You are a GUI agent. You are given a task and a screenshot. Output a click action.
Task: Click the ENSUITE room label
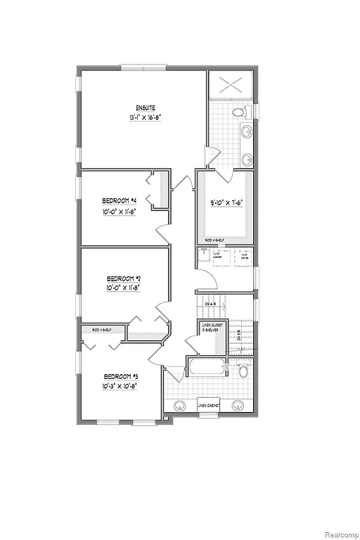(x=136, y=107)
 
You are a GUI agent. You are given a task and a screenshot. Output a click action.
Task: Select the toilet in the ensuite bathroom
(x=240, y=112)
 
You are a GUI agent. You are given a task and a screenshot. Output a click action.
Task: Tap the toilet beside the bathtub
(x=243, y=371)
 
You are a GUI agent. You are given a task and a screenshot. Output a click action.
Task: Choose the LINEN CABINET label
(x=208, y=406)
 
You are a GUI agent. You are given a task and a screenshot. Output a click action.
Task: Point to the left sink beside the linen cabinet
(x=179, y=405)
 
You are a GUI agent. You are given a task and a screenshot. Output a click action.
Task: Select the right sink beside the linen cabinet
(x=239, y=404)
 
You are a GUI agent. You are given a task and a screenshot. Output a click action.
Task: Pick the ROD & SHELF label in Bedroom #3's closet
(x=91, y=328)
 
